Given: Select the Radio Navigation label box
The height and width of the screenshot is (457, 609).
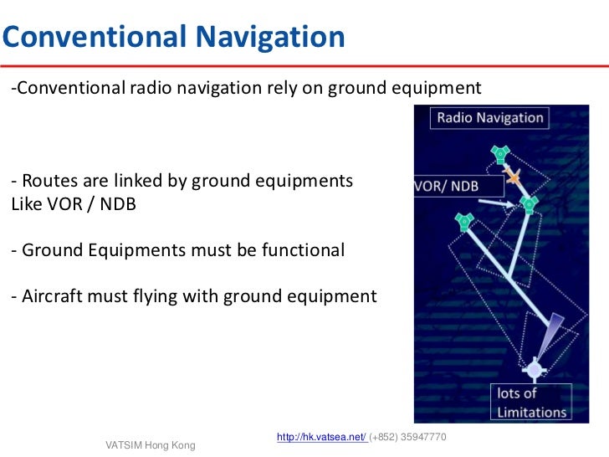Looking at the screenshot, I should [489, 118].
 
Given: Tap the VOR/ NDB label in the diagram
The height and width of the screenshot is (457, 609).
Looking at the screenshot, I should [448, 185].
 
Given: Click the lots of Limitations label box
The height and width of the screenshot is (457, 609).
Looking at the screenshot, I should [530, 402].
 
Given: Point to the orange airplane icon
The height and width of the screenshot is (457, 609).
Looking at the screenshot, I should [512, 177].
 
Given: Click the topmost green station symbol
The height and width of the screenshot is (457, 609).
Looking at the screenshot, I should [499, 154].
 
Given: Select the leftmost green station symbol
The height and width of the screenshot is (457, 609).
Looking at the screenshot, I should [465, 221].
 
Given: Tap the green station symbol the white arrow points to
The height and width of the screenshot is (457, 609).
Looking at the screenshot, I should [529, 203].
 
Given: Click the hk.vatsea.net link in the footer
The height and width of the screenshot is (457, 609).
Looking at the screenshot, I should [320, 438].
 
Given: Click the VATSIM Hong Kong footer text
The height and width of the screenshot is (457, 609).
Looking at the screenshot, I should [150, 445].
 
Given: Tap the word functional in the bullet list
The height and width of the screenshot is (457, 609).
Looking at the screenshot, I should [302, 249].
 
